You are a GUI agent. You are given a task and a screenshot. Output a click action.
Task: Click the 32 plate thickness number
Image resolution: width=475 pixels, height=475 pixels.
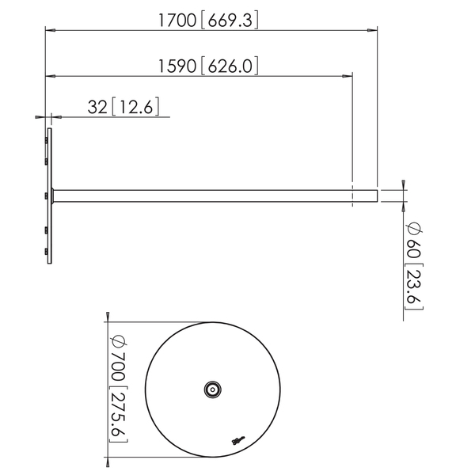coord(97,107)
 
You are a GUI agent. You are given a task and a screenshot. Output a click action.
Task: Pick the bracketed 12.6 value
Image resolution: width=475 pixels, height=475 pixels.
coord(140,107)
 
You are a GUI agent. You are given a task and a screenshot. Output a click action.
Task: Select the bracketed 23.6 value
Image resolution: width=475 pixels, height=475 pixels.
coord(413,286)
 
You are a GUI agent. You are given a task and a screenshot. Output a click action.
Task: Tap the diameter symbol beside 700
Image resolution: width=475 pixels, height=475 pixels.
coord(116,343)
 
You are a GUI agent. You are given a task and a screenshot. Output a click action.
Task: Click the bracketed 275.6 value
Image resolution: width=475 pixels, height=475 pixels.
coord(116,416)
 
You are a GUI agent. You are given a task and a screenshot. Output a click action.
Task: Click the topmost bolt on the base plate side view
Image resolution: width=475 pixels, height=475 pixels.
coord(47,139)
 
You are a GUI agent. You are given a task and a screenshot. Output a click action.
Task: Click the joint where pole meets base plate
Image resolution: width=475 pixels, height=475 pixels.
coord(52,196)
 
